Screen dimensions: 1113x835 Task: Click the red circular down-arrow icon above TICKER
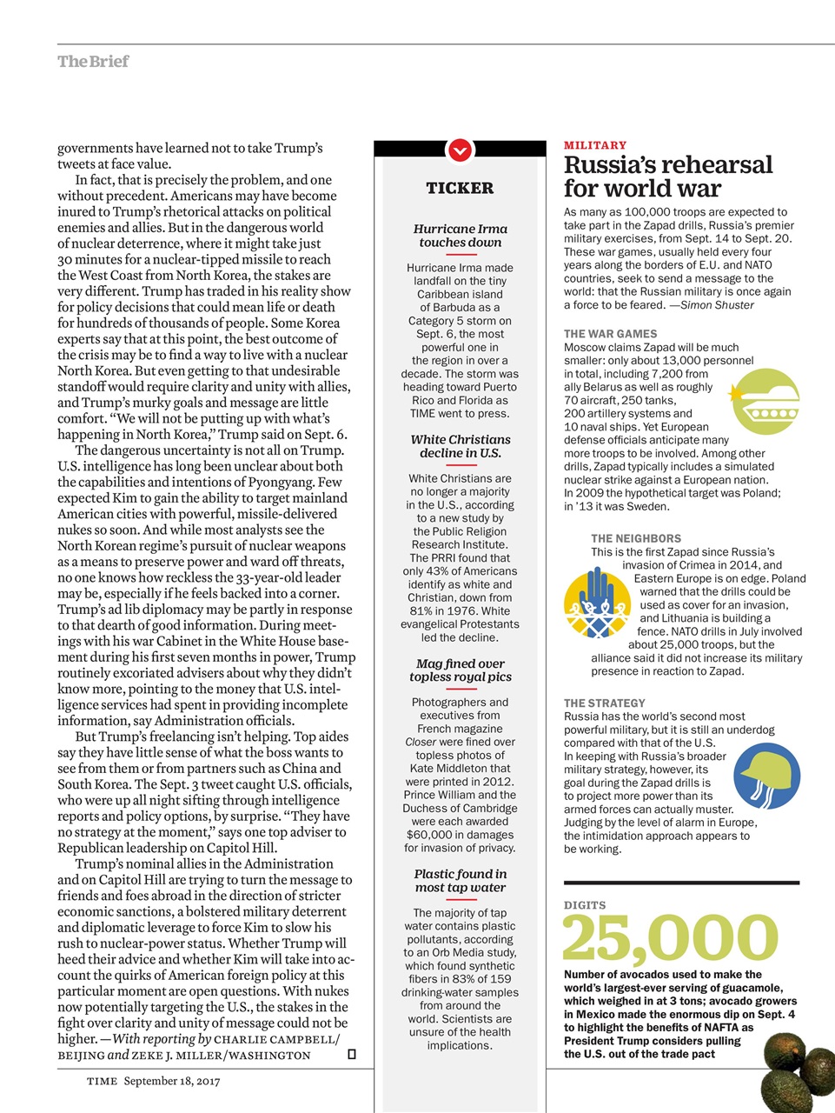[x=460, y=150]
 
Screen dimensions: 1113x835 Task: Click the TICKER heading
[x=460, y=188]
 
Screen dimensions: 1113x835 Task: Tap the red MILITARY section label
[x=595, y=145]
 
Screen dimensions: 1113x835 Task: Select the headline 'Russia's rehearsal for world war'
[x=667, y=177]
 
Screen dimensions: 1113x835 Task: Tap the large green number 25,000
[x=670, y=937]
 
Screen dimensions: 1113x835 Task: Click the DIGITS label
[x=585, y=905]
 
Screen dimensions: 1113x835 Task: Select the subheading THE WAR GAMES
[x=610, y=334]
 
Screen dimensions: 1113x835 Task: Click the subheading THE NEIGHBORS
[x=636, y=538]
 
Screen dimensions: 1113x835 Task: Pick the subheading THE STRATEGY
[x=605, y=703]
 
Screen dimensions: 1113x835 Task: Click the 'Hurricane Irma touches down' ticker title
[x=460, y=236]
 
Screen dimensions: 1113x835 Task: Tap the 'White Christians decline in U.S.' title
[x=460, y=446]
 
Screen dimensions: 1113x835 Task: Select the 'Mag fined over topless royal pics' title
[x=460, y=670]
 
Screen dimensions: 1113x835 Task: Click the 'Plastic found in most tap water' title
[x=460, y=881]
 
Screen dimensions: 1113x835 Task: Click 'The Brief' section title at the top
[x=93, y=61]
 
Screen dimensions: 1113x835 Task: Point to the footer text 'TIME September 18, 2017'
[x=153, y=1081]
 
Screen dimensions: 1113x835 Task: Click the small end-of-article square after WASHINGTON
[x=351, y=1055]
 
